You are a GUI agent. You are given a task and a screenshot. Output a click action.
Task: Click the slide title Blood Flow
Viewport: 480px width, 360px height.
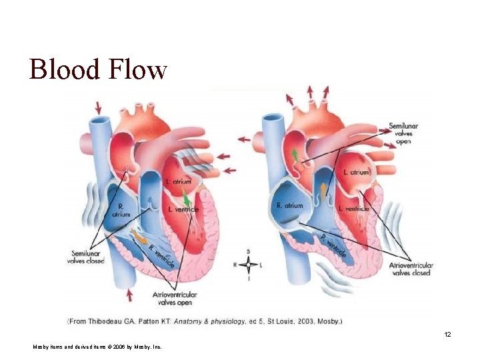coord(97,69)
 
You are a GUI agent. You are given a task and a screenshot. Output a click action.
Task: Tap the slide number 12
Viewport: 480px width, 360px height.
coord(447,334)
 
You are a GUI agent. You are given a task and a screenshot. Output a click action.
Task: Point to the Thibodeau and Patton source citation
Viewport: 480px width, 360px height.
coord(205,321)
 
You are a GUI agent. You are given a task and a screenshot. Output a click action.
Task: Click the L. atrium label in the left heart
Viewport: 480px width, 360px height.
coord(178,181)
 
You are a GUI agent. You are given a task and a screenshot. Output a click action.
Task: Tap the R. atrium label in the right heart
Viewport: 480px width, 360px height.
coord(289,206)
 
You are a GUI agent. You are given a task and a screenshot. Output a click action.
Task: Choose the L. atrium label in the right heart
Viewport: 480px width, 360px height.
coord(355,172)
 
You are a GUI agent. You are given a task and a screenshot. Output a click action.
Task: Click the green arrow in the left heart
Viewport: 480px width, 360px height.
coord(187,199)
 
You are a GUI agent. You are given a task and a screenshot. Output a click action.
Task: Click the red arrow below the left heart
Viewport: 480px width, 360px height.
coord(128,294)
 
